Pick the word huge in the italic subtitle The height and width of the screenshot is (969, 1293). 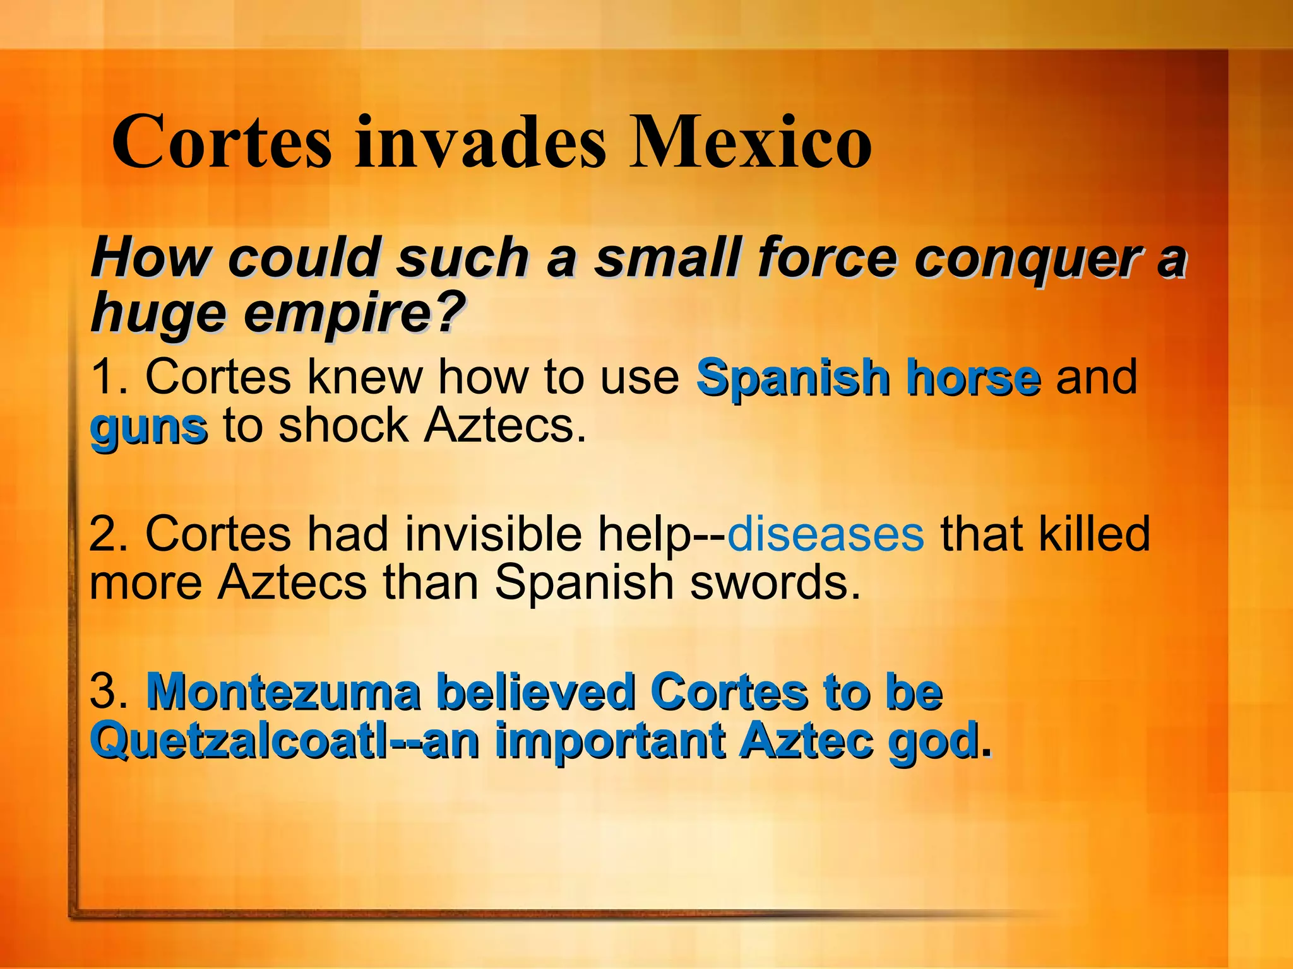tap(158, 314)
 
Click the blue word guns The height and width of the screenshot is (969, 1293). tap(148, 428)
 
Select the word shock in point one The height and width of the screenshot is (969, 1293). tap(344, 425)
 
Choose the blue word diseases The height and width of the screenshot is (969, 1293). tap(825, 534)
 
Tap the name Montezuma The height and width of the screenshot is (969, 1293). tap(283, 692)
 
